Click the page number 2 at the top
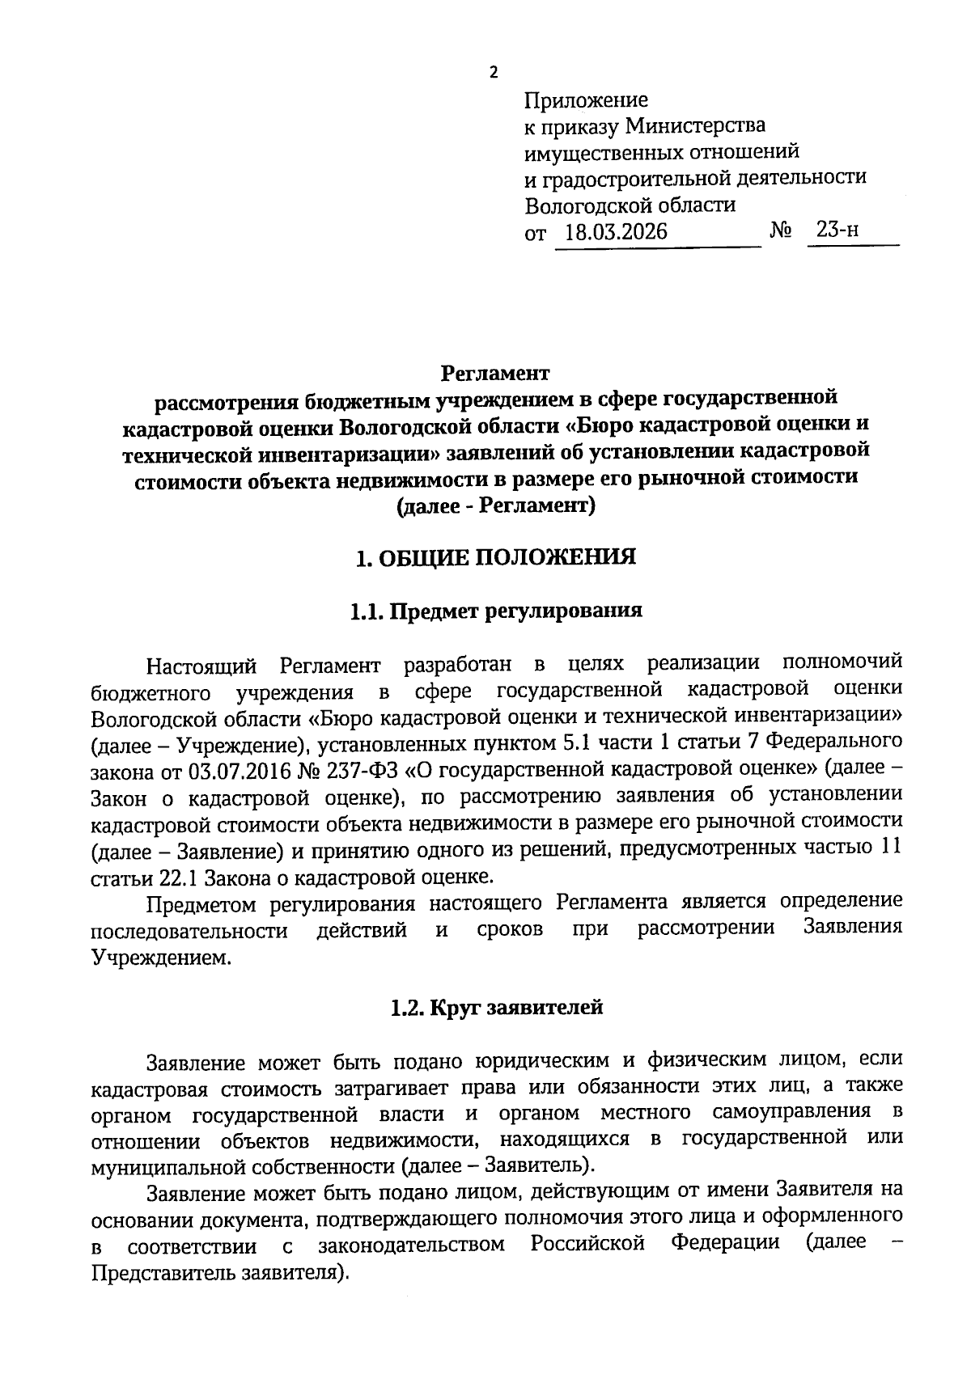[494, 73]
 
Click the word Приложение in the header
[586, 100]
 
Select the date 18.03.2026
[616, 232]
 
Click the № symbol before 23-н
[780, 231]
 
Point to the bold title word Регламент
[495, 373]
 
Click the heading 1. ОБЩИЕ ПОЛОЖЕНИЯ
[496, 557]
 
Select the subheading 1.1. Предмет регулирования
[496, 610]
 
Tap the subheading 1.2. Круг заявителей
[497, 1008]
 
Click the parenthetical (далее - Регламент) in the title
[496, 506]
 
